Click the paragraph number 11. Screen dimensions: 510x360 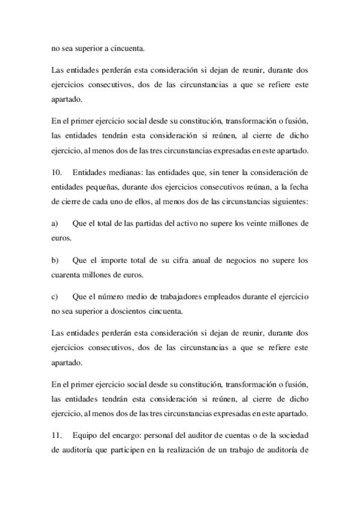[56, 435]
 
